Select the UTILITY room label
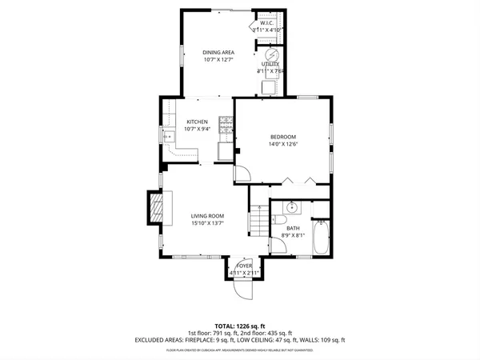[271, 63]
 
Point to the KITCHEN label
[197, 122]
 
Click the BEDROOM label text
[282, 137]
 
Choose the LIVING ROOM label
[206, 216]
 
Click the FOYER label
[244, 266]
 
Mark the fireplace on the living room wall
[158, 210]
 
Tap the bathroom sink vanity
[293, 208]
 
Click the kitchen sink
[170, 137]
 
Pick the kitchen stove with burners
[225, 126]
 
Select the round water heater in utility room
[271, 55]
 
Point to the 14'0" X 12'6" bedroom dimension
[282, 145]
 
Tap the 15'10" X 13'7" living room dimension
[206, 224]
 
